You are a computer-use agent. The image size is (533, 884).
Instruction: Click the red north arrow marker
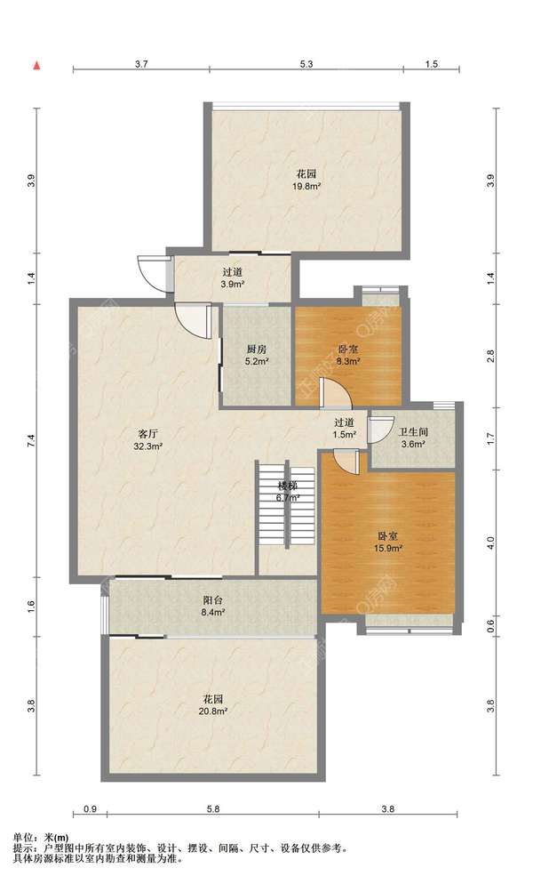pos(37,66)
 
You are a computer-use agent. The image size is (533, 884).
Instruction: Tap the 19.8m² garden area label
pos(306,185)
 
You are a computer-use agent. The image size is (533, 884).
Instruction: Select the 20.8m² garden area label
pos(213,711)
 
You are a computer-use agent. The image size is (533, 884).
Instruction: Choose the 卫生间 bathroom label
pos(414,432)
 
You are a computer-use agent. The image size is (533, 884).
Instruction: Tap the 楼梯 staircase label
pos(287,486)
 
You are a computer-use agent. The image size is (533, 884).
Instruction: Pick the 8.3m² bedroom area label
pos(348,361)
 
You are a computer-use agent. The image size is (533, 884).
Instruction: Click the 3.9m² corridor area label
pos(233,285)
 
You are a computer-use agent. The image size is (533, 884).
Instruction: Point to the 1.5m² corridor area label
pos(345,434)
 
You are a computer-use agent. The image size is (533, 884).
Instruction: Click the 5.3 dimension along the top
pos(306,64)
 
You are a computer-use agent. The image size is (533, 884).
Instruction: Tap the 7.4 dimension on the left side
pos(32,441)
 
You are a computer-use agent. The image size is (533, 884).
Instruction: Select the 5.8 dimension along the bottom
pos(213,809)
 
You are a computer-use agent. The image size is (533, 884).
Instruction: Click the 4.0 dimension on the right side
pos(490,543)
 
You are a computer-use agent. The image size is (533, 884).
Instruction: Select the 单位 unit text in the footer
pos(23,838)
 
